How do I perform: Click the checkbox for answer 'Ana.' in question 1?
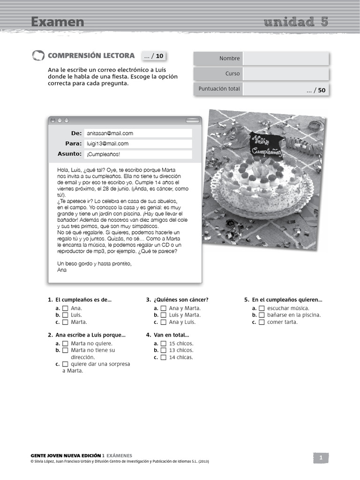click(65, 308)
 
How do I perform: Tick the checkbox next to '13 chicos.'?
click(164, 350)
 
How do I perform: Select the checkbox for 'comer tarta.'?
click(262, 322)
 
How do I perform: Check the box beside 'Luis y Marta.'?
click(164, 315)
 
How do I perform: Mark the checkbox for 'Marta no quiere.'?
click(65, 344)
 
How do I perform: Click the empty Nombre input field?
click(286, 59)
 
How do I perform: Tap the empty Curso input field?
click(286, 74)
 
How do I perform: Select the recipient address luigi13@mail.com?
click(108, 144)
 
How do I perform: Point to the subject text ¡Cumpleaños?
click(103, 154)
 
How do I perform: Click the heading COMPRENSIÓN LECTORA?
click(91, 56)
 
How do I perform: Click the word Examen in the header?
click(58, 22)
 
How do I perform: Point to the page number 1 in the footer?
click(321, 458)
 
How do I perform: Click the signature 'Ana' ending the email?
click(62, 270)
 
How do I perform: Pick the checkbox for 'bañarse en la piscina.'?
click(262, 315)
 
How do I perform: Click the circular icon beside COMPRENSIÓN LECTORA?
click(38, 56)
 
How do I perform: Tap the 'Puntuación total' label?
click(219, 89)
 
